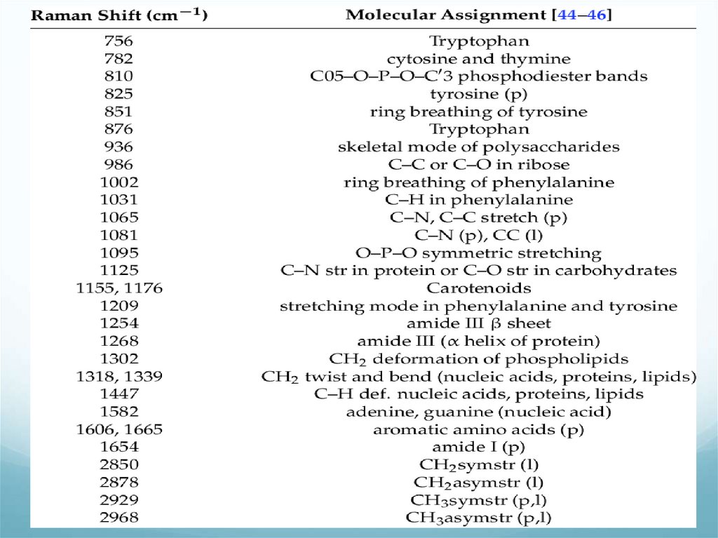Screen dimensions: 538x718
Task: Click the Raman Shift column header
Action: pos(119,15)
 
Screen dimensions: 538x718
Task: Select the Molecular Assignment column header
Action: pos(479,15)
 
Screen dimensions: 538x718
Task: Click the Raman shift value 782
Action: pos(119,58)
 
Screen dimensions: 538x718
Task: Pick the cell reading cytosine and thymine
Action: pos(479,58)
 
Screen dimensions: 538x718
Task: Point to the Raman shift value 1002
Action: pos(119,182)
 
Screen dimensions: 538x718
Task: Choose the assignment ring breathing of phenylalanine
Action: pos(479,182)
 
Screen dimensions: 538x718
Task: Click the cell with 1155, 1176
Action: pos(119,288)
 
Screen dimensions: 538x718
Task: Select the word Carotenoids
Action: pos(479,288)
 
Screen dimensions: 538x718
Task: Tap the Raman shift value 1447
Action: pos(119,394)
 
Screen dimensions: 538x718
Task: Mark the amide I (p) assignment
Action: pos(479,447)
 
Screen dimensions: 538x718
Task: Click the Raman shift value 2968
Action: pos(119,518)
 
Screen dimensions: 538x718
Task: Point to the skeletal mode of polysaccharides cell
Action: pos(479,147)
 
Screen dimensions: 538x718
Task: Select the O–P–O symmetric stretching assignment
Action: pos(479,253)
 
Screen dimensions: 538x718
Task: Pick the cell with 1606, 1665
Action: pos(119,429)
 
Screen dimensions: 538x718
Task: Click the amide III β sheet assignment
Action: pos(479,323)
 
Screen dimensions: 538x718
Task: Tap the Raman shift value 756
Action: pos(119,41)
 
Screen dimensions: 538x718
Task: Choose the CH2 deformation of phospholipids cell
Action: pos(479,358)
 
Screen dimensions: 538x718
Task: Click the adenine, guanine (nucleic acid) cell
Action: pos(479,412)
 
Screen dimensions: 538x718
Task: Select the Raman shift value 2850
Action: pos(119,464)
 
